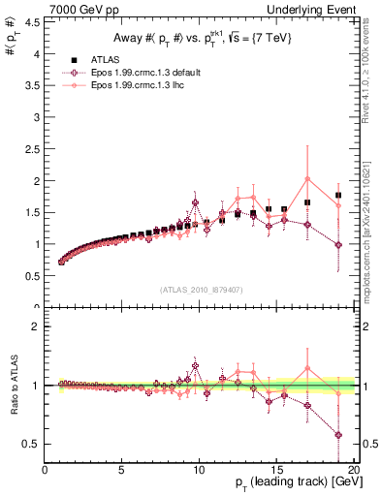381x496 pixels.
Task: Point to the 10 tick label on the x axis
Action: click(x=199, y=473)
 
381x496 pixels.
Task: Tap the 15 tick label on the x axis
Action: click(x=276, y=473)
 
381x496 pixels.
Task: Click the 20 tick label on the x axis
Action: click(x=353, y=473)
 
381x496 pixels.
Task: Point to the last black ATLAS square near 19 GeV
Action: click(x=338, y=195)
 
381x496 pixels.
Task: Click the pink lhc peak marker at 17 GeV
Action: click(x=307, y=179)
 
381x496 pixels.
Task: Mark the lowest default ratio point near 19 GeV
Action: click(x=338, y=434)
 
